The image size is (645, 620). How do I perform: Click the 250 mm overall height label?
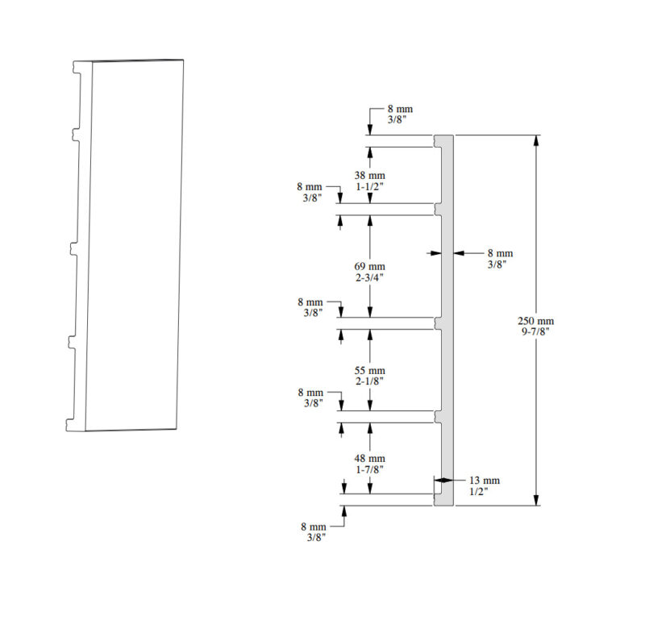(x=535, y=321)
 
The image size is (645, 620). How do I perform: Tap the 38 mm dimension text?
(x=370, y=175)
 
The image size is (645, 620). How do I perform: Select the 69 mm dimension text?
(x=370, y=267)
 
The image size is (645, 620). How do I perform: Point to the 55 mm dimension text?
(x=370, y=371)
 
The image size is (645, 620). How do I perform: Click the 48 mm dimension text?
(x=370, y=458)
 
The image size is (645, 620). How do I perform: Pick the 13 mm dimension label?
(x=485, y=481)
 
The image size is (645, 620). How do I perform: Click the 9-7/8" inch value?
(x=535, y=331)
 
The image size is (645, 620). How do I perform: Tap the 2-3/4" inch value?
(x=370, y=277)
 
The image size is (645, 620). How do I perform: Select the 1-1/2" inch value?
(x=370, y=186)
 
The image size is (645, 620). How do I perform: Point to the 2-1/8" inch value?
(x=370, y=381)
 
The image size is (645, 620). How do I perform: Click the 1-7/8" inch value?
(x=370, y=469)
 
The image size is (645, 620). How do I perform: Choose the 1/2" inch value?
(x=479, y=491)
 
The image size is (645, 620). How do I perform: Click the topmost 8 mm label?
(x=400, y=109)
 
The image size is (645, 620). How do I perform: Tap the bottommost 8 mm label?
(x=314, y=526)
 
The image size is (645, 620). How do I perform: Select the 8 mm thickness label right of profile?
(x=500, y=253)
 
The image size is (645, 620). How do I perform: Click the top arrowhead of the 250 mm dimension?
(x=536, y=140)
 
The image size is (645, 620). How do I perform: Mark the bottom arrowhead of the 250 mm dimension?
(x=536, y=500)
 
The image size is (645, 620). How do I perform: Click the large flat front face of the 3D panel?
(x=134, y=246)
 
